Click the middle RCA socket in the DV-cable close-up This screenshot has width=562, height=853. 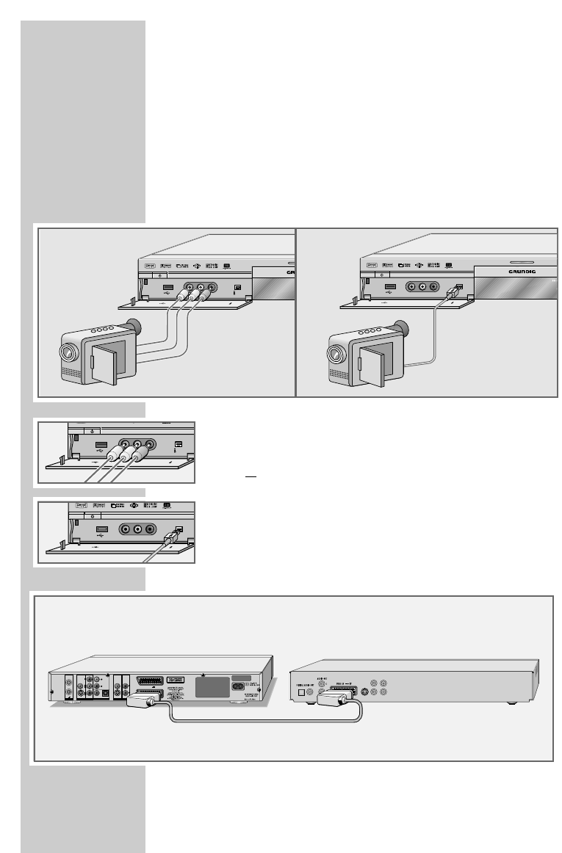pyautogui.click(x=137, y=528)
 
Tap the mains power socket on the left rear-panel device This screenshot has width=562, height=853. pyautogui.click(x=239, y=687)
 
